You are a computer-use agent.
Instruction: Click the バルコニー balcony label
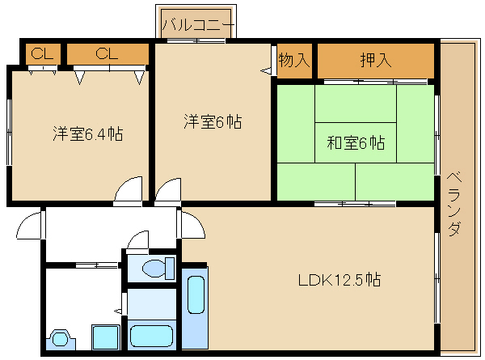pyautogui.click(x=198, y=25)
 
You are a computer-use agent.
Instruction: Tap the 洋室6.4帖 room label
pyautogui.click(x=88, y=133)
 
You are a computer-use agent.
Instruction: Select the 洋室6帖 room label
pyautogui.click(x=213, y=121)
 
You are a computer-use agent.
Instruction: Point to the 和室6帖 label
pyautogui.click(x=356, y=142)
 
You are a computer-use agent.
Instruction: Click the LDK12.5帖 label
pyautogui.click(x=339, y=280)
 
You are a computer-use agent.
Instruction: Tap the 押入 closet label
pyautogui.click(x=376, y=60)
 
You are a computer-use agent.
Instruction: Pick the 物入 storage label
pyautogui.click(x=294, y=60)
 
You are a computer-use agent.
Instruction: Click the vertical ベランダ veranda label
pyautogui.click(x=454, y=204)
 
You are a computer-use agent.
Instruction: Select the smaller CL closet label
pyautogui.click(x=42, y=53)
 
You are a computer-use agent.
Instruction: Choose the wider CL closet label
pyautogui.click(x=107, y=53)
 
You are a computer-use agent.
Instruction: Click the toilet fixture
pyautogui.click(x=158, y=268)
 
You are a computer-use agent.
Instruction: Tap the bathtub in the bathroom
pyautogui.click(x=151, y=336)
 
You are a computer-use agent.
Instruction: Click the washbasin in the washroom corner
pyautogui.click(x=61, y=340)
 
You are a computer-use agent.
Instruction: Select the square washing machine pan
pyautogui.click(x=105, y=337)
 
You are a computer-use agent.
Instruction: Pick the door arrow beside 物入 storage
pyautogui.click(x=266, y=71)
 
